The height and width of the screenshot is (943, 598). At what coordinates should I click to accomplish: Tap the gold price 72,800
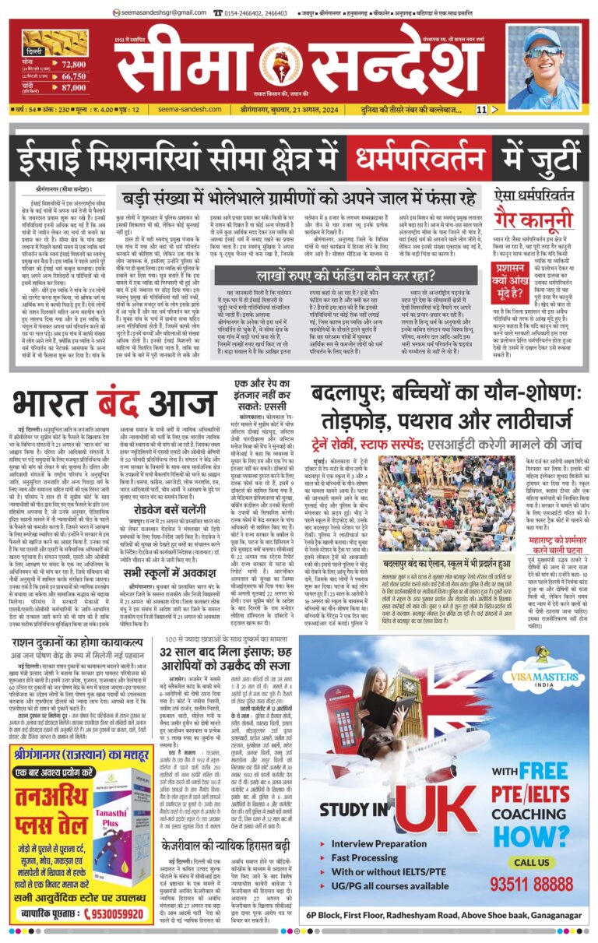74,64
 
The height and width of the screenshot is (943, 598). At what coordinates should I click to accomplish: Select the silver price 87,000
74,89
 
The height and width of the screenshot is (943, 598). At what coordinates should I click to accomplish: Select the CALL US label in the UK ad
533,862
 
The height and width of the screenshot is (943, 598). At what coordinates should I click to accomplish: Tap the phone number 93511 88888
533,884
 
